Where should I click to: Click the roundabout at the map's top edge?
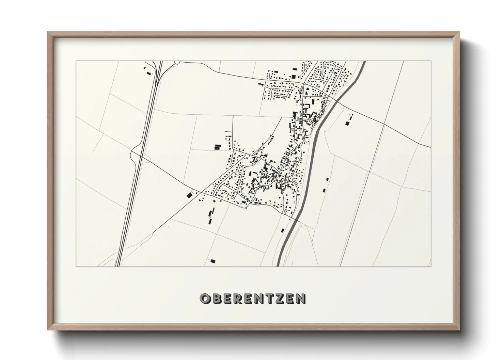click(x=177, y=62)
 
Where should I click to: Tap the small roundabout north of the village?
click(x=304, y=83)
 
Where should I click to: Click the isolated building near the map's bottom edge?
click(x=213, y=261)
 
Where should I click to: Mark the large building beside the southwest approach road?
click(x=189, y=195)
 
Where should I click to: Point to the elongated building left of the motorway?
click(x=148, y=73)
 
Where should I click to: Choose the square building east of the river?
click(x=347, y=123)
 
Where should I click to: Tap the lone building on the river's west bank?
click(x=282, y=230)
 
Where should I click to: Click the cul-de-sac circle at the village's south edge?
click(x=246, y=208)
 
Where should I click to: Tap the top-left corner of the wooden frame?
click(x=48, y=32)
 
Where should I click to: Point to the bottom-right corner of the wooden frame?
click(x=459, y=329)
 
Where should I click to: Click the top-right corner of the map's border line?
click(x=431, y=61)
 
